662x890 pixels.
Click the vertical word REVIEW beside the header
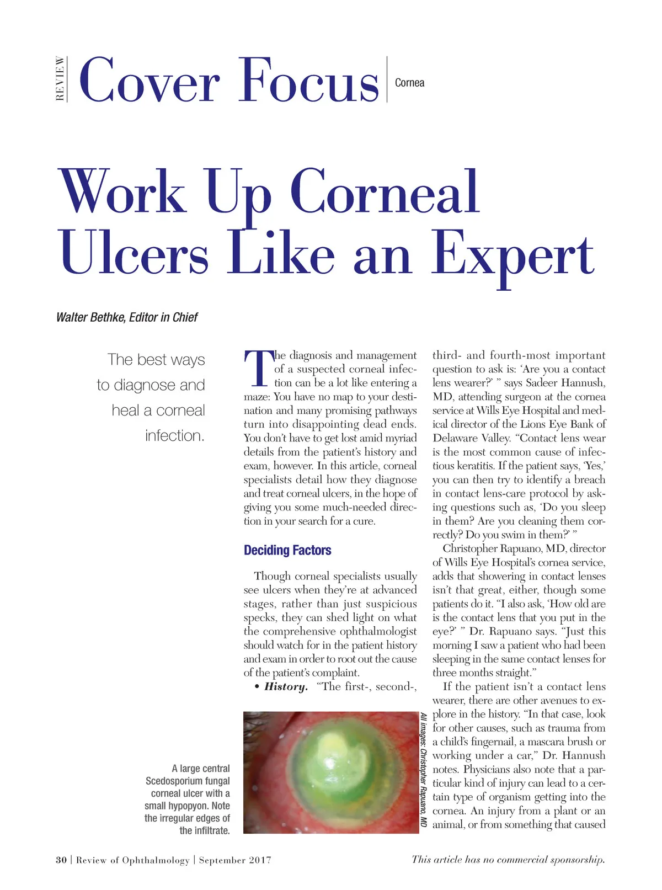click(60, 79)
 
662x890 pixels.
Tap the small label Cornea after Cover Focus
click(409, 83)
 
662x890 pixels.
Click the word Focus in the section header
click(309, 81)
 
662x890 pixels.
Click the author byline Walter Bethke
click(126, 317)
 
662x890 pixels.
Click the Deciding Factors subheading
click(287, 550)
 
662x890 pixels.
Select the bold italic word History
click(286, 687)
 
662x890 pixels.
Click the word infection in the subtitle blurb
click(174, 436)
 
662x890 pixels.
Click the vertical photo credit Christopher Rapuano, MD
click(423, 786)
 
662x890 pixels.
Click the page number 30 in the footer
click(61, 860)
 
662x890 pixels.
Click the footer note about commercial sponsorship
click(508, 859)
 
